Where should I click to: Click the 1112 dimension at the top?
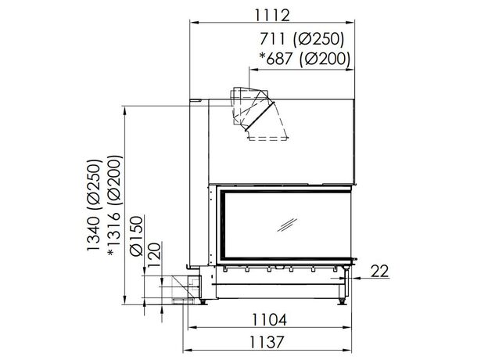point(272,15)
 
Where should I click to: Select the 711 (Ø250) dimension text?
point(302,39)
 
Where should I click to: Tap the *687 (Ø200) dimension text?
point(304,59)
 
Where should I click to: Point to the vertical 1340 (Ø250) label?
point(94,205)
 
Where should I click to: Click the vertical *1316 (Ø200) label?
point(114,206)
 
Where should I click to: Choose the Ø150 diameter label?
point(137,236)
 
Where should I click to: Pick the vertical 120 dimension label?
point(155,255)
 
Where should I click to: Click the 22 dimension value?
point(380,271)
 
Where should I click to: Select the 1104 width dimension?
point(269,320)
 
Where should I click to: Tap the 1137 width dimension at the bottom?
point(267,343)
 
